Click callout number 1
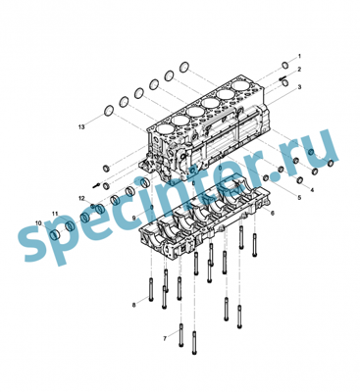coord(299,57)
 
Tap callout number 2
coord(299,70)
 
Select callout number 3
coord(299,87)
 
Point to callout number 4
coord(312,190)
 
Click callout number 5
coord(299,197)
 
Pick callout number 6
coord(273,213)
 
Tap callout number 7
coord(165,339)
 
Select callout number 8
coord(133,305)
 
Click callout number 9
coord(133,218)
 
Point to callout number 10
coord(38,223)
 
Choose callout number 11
coord(55,214)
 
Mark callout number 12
coord(81,198)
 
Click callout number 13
coord(81,126)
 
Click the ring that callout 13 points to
coord(109,110)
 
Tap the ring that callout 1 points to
coord(285,66)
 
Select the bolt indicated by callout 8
coord(151,289)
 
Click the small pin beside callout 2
coord(283,78)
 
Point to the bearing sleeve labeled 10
coord(56,234)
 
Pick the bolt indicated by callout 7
coord(181,335)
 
